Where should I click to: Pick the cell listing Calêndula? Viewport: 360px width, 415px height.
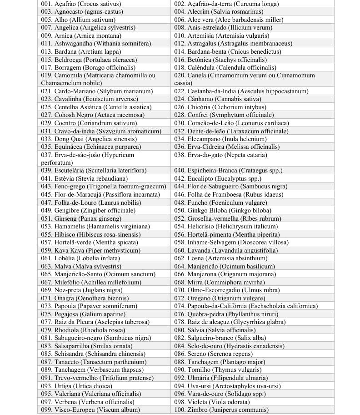(231, 67)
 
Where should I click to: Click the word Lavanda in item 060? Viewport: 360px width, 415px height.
(199, 250)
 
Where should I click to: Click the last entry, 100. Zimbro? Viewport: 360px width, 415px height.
(221, 410)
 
